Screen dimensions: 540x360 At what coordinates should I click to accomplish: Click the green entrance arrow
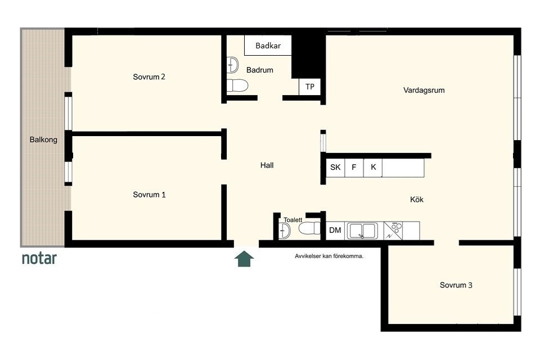coord(244,259)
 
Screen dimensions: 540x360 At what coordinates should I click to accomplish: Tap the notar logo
coord(39,258)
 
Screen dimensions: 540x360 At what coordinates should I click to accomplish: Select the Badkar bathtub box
coord(268,45)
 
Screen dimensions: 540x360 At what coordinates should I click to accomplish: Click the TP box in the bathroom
coord(309,87)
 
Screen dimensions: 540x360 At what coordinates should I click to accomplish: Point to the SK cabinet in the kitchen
coord(335,168)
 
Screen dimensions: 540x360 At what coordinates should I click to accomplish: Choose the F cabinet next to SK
coord(354,168)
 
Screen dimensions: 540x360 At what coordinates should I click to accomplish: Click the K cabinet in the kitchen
coord(373,168)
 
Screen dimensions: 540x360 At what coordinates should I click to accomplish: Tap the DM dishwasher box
coord(335,231)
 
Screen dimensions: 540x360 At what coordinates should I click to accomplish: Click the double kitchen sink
coord(362,231)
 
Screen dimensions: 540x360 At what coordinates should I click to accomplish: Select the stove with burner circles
coord(393,231)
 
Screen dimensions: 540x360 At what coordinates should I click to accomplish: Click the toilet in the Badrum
coord(237,85)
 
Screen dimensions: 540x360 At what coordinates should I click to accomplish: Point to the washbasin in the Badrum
coord(232,65)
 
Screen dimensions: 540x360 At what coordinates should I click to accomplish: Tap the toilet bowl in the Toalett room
coord(309,228)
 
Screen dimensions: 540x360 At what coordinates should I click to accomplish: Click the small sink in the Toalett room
coord(285,231)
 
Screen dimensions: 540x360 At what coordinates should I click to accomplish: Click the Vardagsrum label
coord(424,90)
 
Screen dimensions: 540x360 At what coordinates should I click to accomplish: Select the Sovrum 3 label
coord(456,285)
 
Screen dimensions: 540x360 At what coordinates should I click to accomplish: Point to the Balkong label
coord(43,140)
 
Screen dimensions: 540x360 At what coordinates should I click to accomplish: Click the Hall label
coord(267,165)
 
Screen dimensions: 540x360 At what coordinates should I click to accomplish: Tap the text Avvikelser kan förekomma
coord(329,256)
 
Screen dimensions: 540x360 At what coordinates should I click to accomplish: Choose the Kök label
coord(417,200)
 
